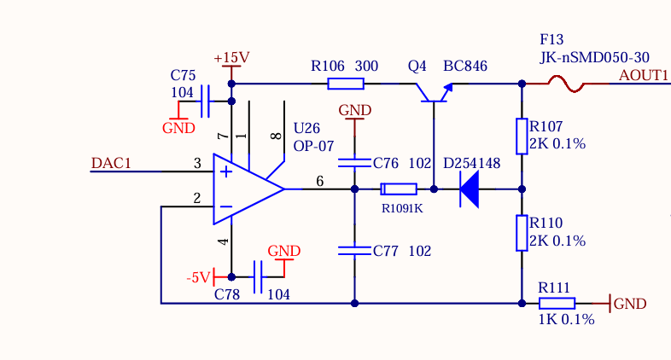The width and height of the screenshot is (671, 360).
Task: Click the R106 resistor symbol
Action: (x=346, y=84)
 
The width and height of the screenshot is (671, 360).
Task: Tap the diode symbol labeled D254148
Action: (x=468, y=189)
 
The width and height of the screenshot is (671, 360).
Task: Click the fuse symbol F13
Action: (x=565, y=84)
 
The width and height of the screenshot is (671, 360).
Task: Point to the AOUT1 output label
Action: (x=643, y=75)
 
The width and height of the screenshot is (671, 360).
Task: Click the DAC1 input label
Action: (x=111, y=163)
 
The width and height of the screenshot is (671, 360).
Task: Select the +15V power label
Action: (x=231, y=57)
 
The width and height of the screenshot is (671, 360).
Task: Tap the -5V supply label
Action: (x=198, y=277)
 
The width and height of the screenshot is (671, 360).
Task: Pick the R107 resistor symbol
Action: (x=522, y=136)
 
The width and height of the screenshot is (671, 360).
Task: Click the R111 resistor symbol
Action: (x=557, y=302)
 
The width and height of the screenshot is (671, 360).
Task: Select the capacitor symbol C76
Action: (x=354, y=162)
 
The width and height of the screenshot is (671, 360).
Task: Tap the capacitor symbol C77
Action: (x=354, y=251)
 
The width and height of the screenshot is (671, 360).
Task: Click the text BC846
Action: (x=464, y=66)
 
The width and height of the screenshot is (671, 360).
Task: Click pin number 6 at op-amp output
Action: (x=320, y=180)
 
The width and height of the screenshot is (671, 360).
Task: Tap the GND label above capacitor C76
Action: (x=354, y=110)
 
